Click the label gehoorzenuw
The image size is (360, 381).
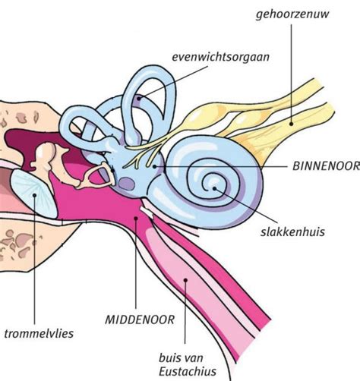click(x=292, y=14)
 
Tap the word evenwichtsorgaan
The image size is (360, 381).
click(x=220, y=57)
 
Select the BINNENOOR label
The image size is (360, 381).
click(x=326, y=166)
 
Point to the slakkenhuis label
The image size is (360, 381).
click(x=292, y=232)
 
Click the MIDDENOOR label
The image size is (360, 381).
click(x=140, y=320)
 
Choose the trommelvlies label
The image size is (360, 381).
click(x=39, y=334)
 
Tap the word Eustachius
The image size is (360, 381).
click(x=188, y=372)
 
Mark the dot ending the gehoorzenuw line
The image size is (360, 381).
click(x=291, y=124)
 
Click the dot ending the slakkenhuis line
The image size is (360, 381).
click(x=214, y=188)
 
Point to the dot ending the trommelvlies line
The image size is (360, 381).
click(x=34, y=195)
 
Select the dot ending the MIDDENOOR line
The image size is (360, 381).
click(x=136, y=218)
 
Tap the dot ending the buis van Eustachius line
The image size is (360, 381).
click(x=185, y=280)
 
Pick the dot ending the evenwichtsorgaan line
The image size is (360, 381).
click(x=139, y=99)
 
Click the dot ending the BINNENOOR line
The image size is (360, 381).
click(x=154, y=166)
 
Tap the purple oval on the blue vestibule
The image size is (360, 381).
click(x=127, y=184)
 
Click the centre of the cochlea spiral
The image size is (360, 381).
click(x=212, y=184)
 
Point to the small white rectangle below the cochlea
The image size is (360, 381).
click(x=147, y=213)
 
